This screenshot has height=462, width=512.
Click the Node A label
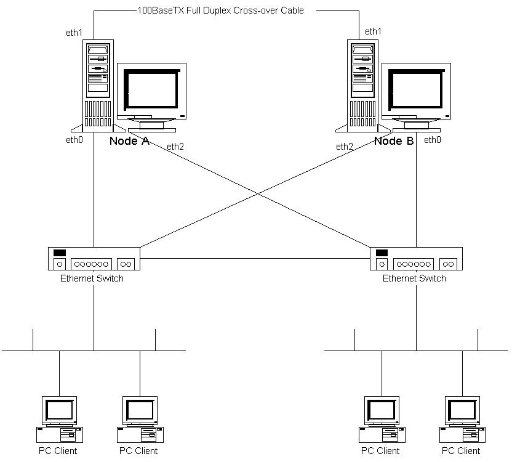click(x=129, y=141)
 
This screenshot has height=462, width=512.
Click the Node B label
click(x=394, y=141)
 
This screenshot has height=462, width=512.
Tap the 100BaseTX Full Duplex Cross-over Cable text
click(x=220, y=10)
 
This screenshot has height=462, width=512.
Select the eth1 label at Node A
click(x=74, y=33)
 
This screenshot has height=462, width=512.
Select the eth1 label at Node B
click(x=373, y=31)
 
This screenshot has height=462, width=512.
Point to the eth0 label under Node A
click(x=74, y=140)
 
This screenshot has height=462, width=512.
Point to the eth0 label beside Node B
click(x=433, y=140)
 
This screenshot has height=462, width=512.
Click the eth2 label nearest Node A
click(x=175, y=147)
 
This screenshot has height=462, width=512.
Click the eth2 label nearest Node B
click(x=345, y=147)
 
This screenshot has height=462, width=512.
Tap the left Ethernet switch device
click(x=94, y=258)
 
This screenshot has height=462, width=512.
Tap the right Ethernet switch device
click(x=416, y=258)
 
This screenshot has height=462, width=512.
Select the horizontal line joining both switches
click(x=255, y=259)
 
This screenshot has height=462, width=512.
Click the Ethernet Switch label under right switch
click(x=414, y=278)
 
